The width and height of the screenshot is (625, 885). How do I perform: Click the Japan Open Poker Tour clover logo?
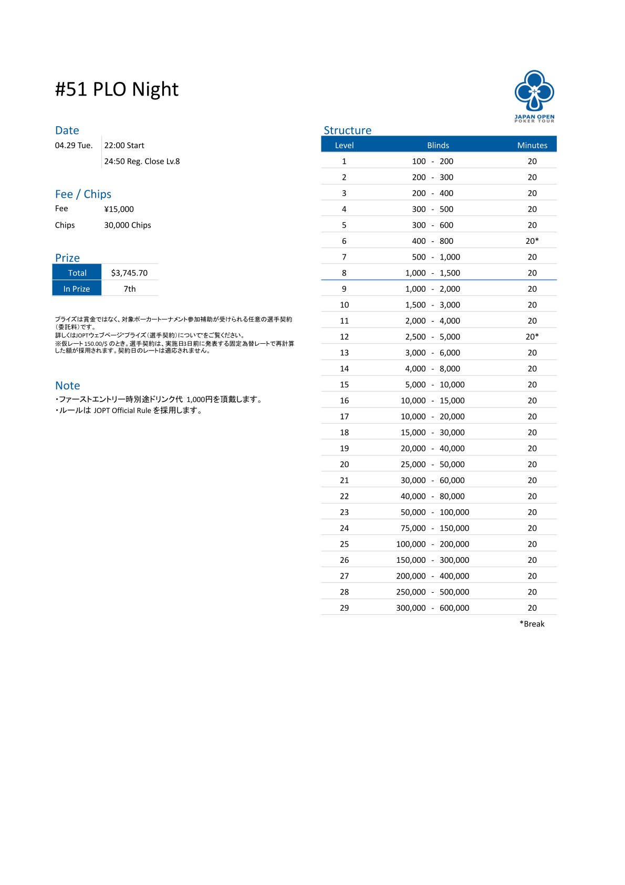pos(534,91)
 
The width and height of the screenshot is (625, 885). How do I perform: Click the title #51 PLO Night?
pos(117,89)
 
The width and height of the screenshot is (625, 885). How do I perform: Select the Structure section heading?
pos(347,130)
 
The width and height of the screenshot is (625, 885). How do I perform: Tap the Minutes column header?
pos(532,145)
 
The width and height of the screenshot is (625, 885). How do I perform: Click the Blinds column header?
pos(438,145)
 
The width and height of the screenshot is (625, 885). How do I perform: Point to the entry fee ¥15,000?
pos(119,209)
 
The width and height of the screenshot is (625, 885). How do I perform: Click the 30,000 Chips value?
pos(127,225)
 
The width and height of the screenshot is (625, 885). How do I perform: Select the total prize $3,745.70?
pos(129,273)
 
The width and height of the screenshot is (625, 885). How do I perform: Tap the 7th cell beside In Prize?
pos(130,289)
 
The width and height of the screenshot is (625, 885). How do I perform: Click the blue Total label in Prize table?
pos(77,273)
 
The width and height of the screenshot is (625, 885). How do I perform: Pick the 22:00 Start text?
pos(124,146)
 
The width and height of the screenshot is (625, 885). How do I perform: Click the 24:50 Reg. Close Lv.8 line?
pos(142,161)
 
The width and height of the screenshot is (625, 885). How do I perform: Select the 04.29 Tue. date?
pos(74,146)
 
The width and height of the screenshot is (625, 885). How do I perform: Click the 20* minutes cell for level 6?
pos(532,241)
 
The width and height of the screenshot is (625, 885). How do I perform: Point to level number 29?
pos(344,608)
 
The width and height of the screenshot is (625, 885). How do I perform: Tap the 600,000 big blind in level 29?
pos(454,608)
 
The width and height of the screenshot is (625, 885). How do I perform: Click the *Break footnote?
pos(532,624)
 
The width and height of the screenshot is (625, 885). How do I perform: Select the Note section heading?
pos(68,385)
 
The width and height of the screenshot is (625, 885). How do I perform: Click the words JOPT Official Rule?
pos(122,410)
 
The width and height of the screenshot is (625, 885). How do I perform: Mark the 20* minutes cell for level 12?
pos(532,337)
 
